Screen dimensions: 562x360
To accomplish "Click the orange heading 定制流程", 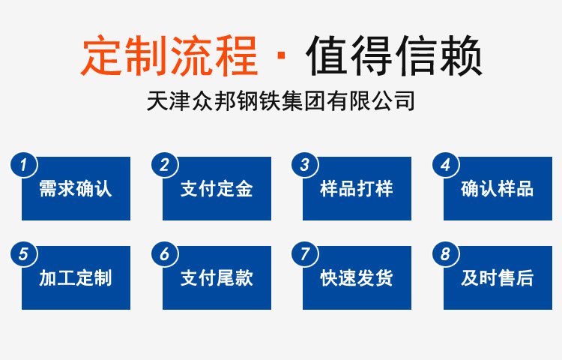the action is [x=169, y=55].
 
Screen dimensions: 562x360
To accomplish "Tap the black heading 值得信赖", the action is [x=394, y=55].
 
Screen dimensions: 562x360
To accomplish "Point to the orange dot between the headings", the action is [x=281, y=55].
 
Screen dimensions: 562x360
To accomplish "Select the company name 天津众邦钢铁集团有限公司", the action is [x=281, y=100].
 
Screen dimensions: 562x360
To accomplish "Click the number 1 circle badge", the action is [x=24, y=165].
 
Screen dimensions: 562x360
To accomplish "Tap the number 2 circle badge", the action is [x=165, y=165].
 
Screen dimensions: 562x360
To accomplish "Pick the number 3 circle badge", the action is [x=305, y=165].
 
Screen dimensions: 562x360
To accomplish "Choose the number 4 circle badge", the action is [x=446, y=165].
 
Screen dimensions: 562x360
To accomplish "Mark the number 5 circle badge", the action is [x=24, y=254].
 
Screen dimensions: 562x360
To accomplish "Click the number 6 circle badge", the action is [x=165, y=254].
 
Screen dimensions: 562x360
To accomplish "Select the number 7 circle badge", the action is [x=305, y=254].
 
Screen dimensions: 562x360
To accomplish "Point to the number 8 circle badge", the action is [x=446, y=254].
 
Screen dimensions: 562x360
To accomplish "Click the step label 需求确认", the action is [x=76, y=188].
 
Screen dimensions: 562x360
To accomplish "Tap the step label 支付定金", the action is [x=217, y=188].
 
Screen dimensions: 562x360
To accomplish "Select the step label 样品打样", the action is [x=357, y=188].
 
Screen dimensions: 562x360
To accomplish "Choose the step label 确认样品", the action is [x=498, y=188].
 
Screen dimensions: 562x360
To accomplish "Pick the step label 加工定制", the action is [x=76, y=278].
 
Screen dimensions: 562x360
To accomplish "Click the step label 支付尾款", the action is [x=217, y=278].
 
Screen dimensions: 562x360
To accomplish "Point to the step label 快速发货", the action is [x=357, y=278].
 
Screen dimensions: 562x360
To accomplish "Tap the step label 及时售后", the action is [x=498, y=278].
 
